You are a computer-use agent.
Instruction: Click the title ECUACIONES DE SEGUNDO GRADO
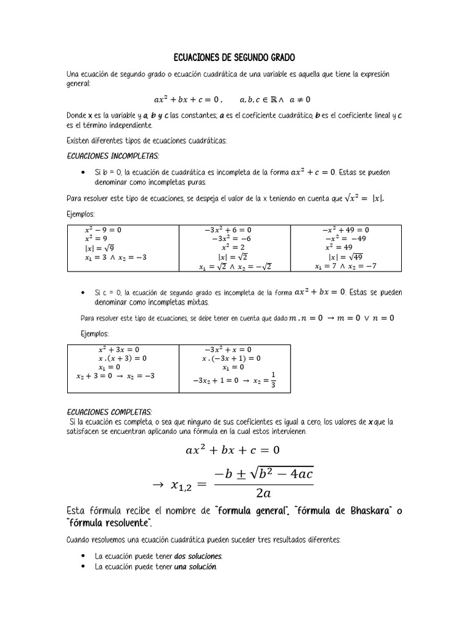[x=234, y=57]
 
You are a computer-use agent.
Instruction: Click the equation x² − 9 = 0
[x=103, y=230]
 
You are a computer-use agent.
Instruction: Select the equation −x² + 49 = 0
[x=346, y=230]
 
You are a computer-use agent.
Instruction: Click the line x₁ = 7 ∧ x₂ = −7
[x=346, y=266]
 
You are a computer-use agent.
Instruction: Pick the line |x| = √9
[x=99, y=248]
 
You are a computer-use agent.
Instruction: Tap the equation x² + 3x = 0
[x=118, y=350]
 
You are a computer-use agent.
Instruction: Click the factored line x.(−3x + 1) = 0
[x=231, y=358]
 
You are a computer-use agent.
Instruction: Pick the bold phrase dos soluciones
[x=198, y=556]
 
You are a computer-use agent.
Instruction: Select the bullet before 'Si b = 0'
[x=82, y=172]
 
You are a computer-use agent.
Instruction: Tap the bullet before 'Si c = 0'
[x=82, y=292]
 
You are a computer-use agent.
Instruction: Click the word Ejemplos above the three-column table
[x=81, y=214]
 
